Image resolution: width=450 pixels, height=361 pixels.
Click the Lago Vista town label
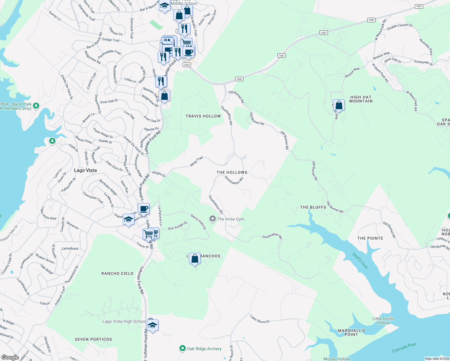coord(85,170)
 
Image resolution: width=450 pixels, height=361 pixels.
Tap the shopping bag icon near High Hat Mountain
coord(339,105)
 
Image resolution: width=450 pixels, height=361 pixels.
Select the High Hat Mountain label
coord(361,99)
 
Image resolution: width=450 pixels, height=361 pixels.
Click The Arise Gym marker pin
coord(213,219)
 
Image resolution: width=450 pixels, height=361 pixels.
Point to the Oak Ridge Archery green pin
coord(182,348)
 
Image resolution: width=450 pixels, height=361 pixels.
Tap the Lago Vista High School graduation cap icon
coord(153,326)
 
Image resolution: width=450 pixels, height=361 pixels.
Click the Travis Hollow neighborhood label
coord(203,116)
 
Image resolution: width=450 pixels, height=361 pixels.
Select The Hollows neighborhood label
coord(232,172)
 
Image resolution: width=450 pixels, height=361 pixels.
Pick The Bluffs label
coord(313,207)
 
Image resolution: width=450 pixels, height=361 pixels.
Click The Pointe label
coord(370,238)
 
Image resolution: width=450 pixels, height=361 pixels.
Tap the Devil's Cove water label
coord(360,261)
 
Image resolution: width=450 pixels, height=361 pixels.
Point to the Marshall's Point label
coord(351,332)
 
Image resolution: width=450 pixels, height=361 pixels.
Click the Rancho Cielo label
coord(117,273)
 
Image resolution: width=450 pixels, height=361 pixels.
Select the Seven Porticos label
coord(93,339)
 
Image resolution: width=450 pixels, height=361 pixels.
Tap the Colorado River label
coord(404,348)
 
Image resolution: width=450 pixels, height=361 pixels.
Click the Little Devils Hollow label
coord(383,321)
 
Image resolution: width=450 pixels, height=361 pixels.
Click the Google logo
coord(10,357)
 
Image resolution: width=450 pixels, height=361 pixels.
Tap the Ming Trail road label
coord(196,162)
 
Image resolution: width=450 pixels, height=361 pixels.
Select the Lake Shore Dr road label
coord(260,319)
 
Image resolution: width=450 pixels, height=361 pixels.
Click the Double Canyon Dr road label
coord(400,27)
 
